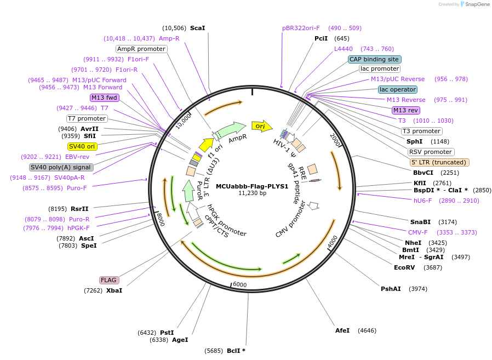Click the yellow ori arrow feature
[261, 126]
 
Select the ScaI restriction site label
[197, 28]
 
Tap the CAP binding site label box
[375, 59]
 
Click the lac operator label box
[397, 89]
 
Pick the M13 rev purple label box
[405, 110]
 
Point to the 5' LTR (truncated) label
[439, 162]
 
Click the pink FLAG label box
[108, 280]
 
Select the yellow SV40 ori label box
[82, 146]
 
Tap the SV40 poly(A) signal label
[61, 167]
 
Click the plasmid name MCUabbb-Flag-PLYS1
[252, 186]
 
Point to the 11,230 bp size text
[252, 193]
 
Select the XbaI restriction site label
[114, 290]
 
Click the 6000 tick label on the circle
[241, 285]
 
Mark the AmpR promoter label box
[141, 49]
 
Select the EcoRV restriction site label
[404, 267]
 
